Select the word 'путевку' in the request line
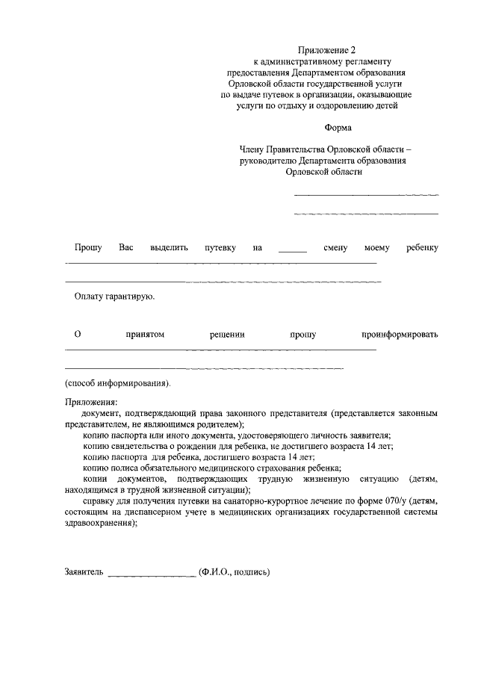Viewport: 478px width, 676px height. (x=220, y=247)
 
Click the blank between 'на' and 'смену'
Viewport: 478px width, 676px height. (x=293, y=249)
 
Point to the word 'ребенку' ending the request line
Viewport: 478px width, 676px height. (x=422, y=247)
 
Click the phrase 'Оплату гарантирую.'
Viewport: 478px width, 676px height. (x=114, y=297)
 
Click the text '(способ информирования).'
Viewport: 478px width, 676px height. (x=118, y=383)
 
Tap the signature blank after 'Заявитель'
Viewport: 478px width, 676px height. (x=152, y=574)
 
